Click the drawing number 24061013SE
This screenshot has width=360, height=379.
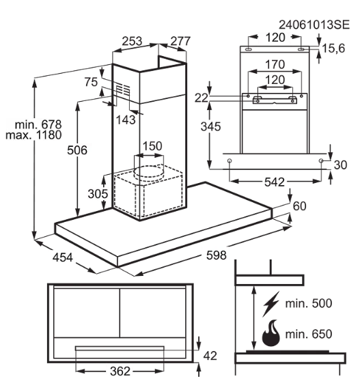pos(314,25)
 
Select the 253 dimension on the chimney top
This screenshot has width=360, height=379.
pos(132,41)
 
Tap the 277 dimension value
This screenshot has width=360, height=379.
pos(180,41)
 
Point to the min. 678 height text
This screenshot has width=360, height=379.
pos(38,125)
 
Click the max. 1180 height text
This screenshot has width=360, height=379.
pos(33,135)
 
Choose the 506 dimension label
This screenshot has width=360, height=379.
pos(77,150)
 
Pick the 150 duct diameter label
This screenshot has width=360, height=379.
pos(152,146)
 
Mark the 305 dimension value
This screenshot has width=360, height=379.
pos(98,194)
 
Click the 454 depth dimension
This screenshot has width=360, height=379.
pos(63,257)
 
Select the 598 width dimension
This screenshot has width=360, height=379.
pos(217,255)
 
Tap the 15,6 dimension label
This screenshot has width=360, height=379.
pos(333,48)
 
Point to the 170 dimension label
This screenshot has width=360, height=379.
pos(275,65)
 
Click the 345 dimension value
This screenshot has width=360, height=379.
pos(210,126)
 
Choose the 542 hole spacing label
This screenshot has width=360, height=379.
pos(275,182)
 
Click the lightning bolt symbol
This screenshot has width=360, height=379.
pos(271,304)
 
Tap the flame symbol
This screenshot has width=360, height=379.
pos(271,333)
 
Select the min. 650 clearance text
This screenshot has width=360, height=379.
pos(309,334)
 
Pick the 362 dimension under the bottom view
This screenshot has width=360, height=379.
pos(120,371)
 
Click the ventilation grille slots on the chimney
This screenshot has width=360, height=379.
pos(123,89)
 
